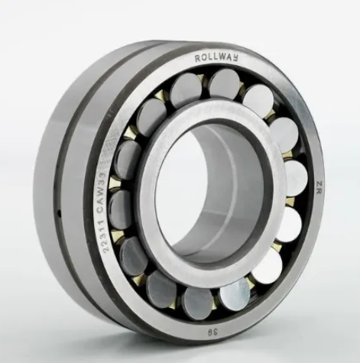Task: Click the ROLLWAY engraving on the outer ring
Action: tap(216, 58)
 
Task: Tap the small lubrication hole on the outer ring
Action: tap(59, 212)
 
